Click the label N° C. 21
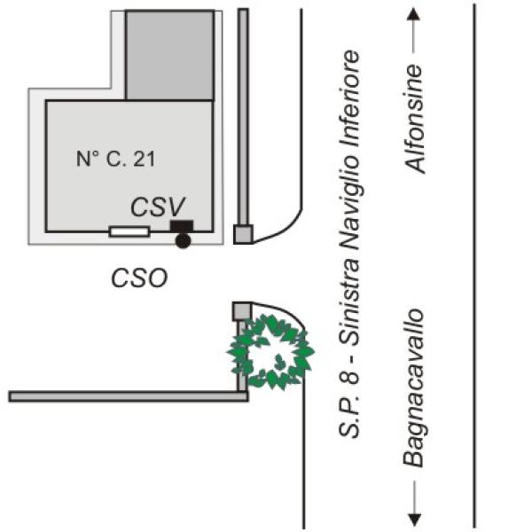point(115,159)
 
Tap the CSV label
point(158,207)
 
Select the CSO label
point(139,278)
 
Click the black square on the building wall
point(182,226)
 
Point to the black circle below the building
point(183,240)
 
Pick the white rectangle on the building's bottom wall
point(129,231)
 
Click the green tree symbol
point(270,352)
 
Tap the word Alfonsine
point(415,119)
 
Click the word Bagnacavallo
point(414,387)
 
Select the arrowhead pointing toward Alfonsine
point(413,14)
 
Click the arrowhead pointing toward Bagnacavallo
point(414,520)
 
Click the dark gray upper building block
point(169,55)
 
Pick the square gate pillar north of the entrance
point(243,234)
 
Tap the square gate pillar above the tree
point(242,311)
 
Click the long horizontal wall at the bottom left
point(129,396)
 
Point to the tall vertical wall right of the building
point(243,117)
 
